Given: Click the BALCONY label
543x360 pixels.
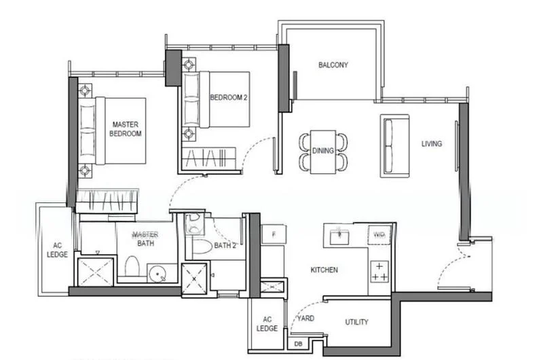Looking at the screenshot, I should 333,65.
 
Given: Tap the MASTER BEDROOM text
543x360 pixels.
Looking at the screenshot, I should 126,129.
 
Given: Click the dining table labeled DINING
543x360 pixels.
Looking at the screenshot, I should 323,151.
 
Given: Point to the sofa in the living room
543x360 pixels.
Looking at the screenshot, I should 395,145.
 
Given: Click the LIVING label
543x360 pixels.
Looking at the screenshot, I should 432,144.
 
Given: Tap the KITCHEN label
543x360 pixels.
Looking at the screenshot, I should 324,270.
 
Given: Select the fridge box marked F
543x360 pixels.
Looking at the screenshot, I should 274,234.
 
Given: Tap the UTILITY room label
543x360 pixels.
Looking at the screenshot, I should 356,322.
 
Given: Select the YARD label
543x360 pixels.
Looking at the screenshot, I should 306,318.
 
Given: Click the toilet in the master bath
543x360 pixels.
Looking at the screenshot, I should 132,268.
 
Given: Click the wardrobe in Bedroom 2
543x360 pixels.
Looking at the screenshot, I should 209,158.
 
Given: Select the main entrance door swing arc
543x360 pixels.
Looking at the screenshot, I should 449,266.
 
